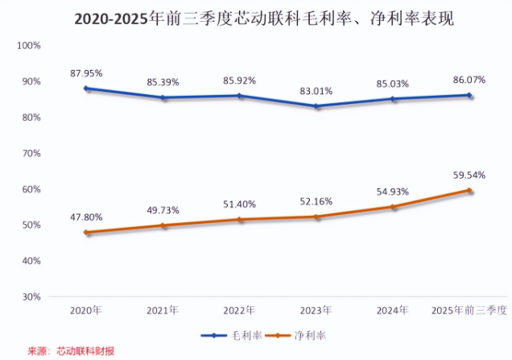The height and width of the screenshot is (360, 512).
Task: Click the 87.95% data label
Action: (86, 73)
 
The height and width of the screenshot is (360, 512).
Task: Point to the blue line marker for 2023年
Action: (316, 106)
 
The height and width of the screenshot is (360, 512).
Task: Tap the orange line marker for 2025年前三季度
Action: (469, 191)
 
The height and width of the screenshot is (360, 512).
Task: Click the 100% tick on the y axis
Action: (29, 45)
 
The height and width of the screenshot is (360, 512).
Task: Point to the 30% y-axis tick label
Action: (31, 297)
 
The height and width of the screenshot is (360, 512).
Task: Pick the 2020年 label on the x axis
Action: (86, 310)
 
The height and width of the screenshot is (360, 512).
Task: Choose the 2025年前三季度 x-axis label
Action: (469, 310)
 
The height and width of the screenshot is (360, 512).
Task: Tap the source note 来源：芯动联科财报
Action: (71, 351)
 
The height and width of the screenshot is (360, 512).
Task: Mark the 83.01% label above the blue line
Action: (316, 90)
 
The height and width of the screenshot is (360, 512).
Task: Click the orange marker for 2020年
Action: (86, 233)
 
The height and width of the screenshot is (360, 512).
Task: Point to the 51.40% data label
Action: (239, 205)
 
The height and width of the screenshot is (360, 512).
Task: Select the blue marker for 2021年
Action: (163, 98)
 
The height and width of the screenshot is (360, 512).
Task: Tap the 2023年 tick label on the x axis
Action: (316, 310)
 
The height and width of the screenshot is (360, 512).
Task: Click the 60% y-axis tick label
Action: (31, 189)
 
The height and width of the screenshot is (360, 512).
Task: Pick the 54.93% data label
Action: (393, 192)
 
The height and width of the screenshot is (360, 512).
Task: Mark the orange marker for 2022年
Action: (239, 220)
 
